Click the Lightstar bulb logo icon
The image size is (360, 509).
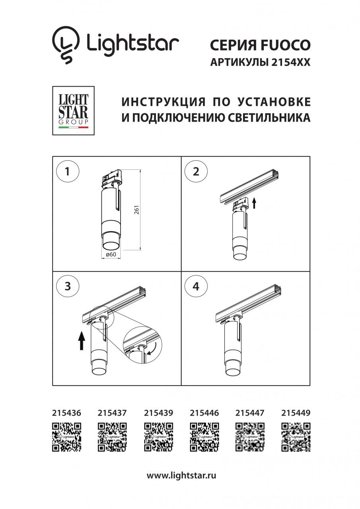(x=66, y=44)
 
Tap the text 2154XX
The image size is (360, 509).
(x=290, y=63)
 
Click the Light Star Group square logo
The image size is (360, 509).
(x=74, y=110)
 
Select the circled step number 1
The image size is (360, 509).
(x=67, y=172)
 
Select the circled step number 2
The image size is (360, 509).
(x=196, y=172)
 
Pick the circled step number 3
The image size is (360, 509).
(x=67, y=286)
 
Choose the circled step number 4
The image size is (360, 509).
(x=196, y=286)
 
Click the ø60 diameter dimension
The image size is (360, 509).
(x=111, y=255)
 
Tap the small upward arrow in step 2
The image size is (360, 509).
(x=255, y=204)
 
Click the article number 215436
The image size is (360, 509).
(x=66, y=413)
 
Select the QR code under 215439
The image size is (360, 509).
(x=158, y=437)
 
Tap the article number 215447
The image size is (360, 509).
(x=250, y=413)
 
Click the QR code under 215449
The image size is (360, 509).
(x=296, y=437)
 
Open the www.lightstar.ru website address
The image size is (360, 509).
(x=181, y=475)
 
